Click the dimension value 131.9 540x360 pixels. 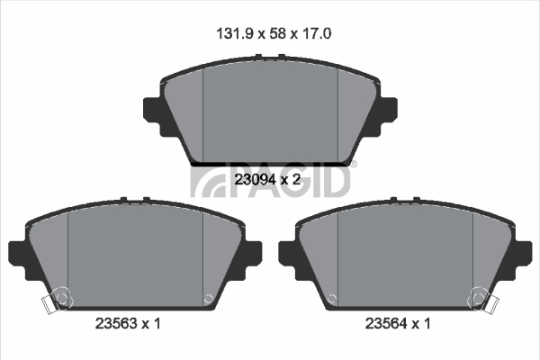235,34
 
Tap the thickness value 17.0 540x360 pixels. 317,34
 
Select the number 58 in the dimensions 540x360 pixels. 278,34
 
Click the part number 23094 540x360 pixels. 256,179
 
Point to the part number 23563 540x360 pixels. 116,323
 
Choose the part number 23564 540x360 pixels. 386,323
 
